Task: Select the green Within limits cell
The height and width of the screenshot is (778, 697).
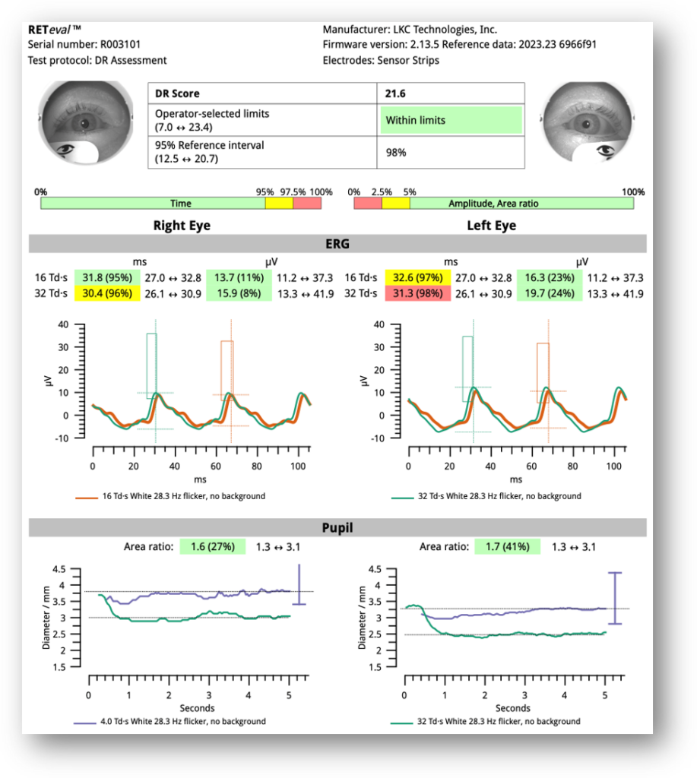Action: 451,120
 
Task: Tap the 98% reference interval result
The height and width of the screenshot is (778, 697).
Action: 396,152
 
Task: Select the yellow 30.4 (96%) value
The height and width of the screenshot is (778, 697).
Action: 105,293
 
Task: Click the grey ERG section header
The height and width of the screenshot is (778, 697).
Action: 337,243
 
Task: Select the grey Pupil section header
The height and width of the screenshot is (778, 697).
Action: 337,527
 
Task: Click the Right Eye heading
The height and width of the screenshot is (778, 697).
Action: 182,226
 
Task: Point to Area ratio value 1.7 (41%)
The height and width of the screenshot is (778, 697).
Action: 508,546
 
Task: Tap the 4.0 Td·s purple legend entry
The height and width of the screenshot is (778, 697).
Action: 171,721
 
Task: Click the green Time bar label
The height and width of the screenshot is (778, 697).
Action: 181,204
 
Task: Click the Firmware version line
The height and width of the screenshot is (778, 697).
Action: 459,44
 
